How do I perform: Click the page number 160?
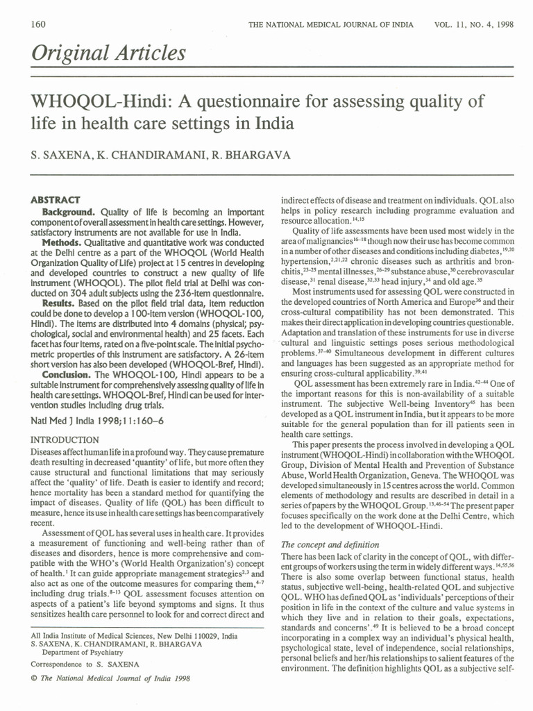pyautogui.click(x=38, y=24)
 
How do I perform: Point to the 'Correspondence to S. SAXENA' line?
pyautogui.click(x=85, y=664)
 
